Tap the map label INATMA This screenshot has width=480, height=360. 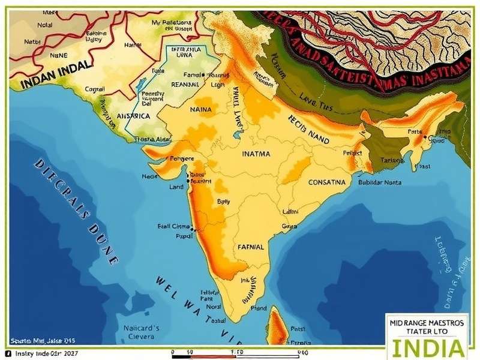256,154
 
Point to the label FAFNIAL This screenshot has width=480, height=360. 251,247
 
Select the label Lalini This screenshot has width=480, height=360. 290,211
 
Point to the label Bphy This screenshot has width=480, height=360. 223,202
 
